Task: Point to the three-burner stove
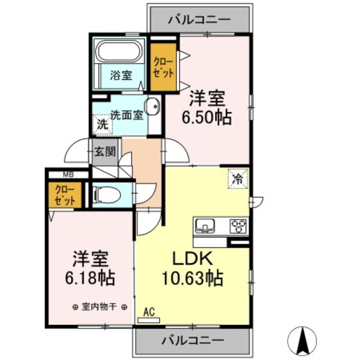(238, 226)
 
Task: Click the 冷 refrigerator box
(237, 178)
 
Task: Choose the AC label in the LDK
(149, 311)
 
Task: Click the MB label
(67, 174)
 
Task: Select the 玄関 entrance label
(105, 151)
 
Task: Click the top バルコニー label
(199, 19)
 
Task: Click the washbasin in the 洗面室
(151, 107)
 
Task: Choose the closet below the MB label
(65, 195)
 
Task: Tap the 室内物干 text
(99, 307)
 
